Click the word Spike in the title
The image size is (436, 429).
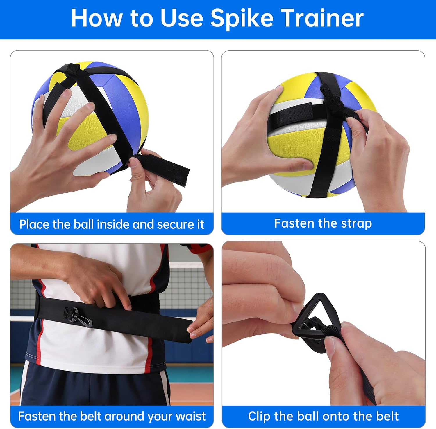(242, 18)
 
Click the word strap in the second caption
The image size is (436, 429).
(356, 223)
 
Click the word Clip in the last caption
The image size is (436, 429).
(259, 416)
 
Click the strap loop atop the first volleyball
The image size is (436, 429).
(70, 69)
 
